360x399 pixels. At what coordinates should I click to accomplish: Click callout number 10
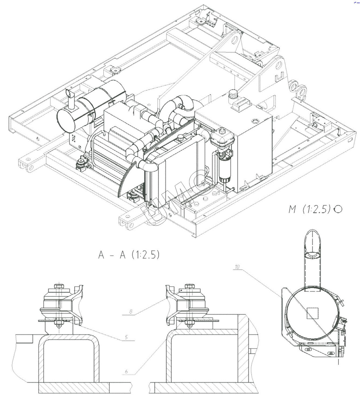[237, 267]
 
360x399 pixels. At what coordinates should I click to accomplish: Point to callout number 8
[131, 311]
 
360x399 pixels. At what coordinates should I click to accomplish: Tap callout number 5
[126, 337]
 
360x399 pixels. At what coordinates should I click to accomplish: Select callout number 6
[126, 371]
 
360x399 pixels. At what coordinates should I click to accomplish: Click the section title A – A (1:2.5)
[129, 254]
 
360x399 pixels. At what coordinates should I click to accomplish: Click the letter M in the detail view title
[292, 209]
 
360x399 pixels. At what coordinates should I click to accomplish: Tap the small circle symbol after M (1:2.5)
[338, 209]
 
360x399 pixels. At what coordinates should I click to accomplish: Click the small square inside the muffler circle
[313, 313]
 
